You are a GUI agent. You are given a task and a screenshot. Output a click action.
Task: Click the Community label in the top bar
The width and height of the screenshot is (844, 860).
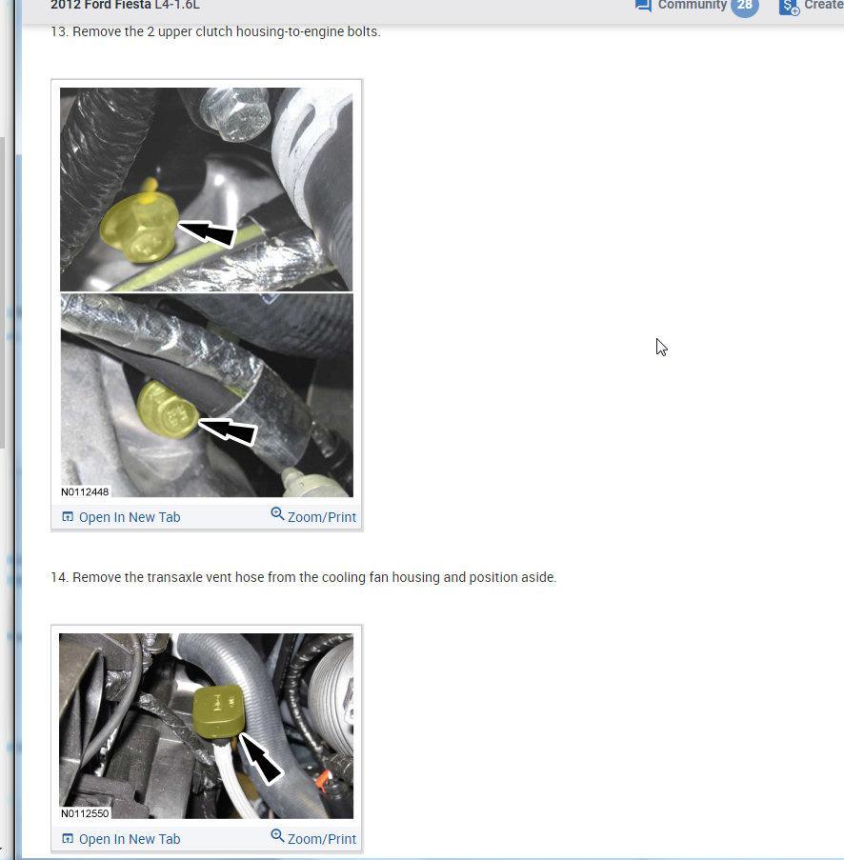coord(692,5)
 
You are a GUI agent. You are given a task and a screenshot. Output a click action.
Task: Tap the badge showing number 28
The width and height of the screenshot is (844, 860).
coord(744,6)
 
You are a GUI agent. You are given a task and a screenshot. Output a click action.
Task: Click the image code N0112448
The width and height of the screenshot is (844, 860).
coord(85,491)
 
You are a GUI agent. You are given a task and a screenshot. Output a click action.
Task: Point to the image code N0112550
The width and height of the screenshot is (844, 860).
coord(85,813)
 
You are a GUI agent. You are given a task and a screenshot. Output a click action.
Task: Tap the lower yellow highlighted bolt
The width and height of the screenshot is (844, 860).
coord(168,410)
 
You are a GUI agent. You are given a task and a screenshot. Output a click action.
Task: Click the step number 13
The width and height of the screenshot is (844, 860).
coord(58,31)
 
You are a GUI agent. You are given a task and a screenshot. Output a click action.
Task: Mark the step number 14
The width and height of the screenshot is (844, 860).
coord(58,577)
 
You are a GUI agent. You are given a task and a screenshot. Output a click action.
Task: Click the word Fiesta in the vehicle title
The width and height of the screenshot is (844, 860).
coord(130,5)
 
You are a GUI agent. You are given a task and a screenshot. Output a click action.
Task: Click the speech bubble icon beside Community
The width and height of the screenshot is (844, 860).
coord(643,5)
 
